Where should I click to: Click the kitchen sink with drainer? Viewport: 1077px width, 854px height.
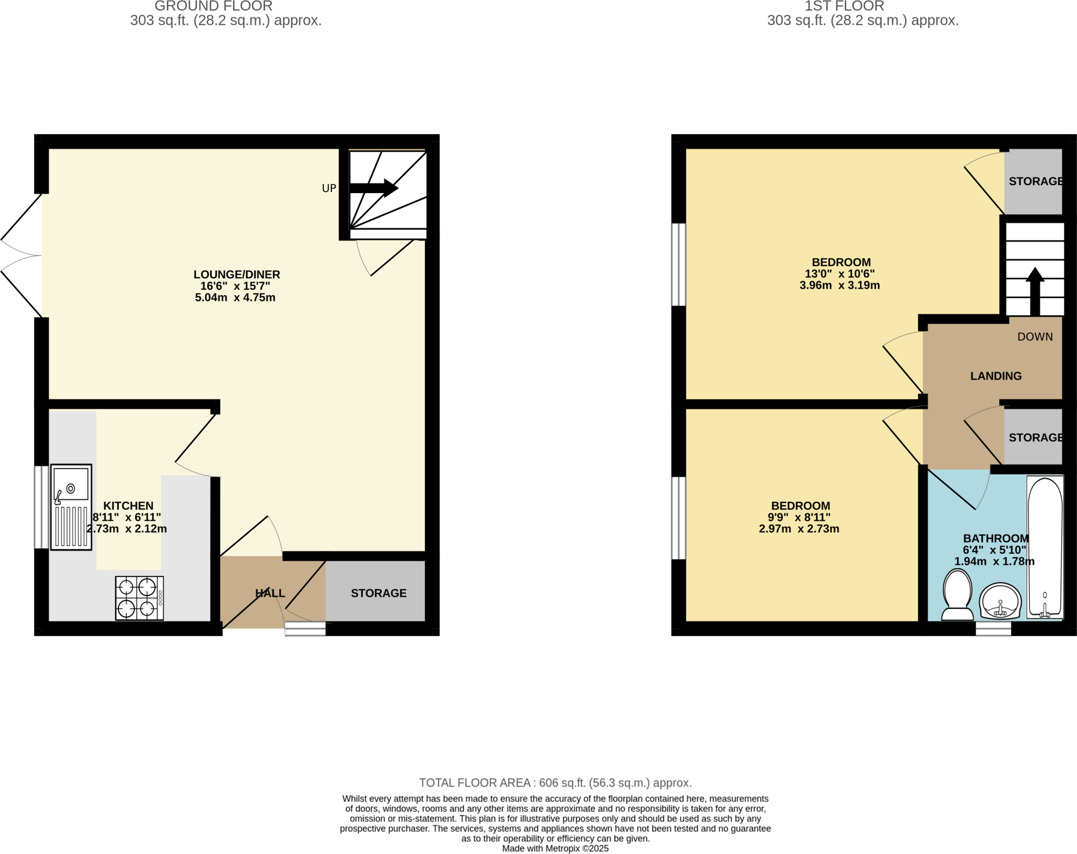[71, 507]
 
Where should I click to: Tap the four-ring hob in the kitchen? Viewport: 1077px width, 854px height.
[139, 598]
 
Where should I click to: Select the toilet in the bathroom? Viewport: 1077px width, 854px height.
[957, 596]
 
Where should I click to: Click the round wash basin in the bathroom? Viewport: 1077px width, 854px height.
[1000, 600]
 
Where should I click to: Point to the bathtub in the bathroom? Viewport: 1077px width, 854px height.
[1045, 547]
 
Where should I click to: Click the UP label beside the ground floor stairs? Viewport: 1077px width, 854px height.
[329, 188]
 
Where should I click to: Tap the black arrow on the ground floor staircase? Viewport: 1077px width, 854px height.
[373, 188]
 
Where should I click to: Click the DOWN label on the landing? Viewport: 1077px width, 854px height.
[1034, 337]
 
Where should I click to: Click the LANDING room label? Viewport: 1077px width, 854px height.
[995, 376]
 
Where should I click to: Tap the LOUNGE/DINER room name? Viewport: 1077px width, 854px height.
[237, 274]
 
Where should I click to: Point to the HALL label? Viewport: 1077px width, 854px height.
[270, 593]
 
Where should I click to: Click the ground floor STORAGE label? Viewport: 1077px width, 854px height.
[378, 593]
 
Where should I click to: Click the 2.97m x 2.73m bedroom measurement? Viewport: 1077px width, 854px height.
[798, 529]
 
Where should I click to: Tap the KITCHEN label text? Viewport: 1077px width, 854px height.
[128, 506]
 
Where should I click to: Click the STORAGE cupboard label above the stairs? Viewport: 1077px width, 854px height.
[1035, 181]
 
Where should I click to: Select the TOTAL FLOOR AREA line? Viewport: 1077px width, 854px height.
[555, 782]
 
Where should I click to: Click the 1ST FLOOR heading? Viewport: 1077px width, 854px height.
[844, 6]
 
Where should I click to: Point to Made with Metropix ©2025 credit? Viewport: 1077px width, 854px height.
[555, 848]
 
